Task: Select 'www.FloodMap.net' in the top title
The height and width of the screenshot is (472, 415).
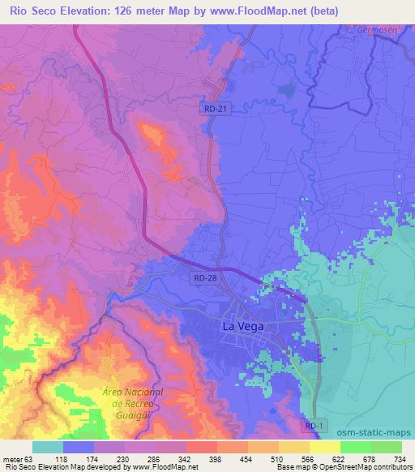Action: click(x=248, y=11)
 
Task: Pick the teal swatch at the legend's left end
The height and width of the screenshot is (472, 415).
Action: click(x=47, y=447)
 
